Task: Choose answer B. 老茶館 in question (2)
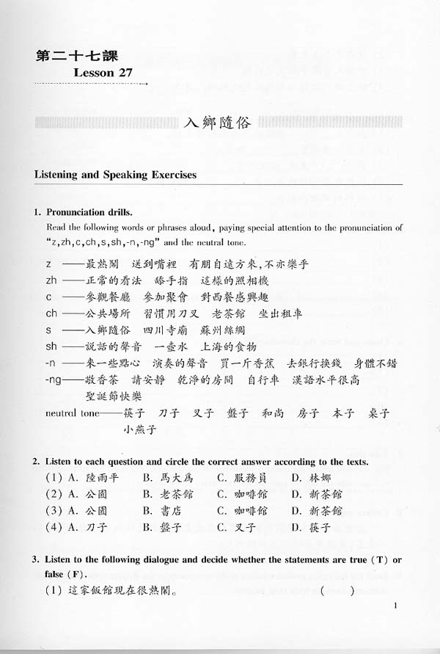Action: point(169,494)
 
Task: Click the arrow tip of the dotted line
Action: point(147,84)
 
